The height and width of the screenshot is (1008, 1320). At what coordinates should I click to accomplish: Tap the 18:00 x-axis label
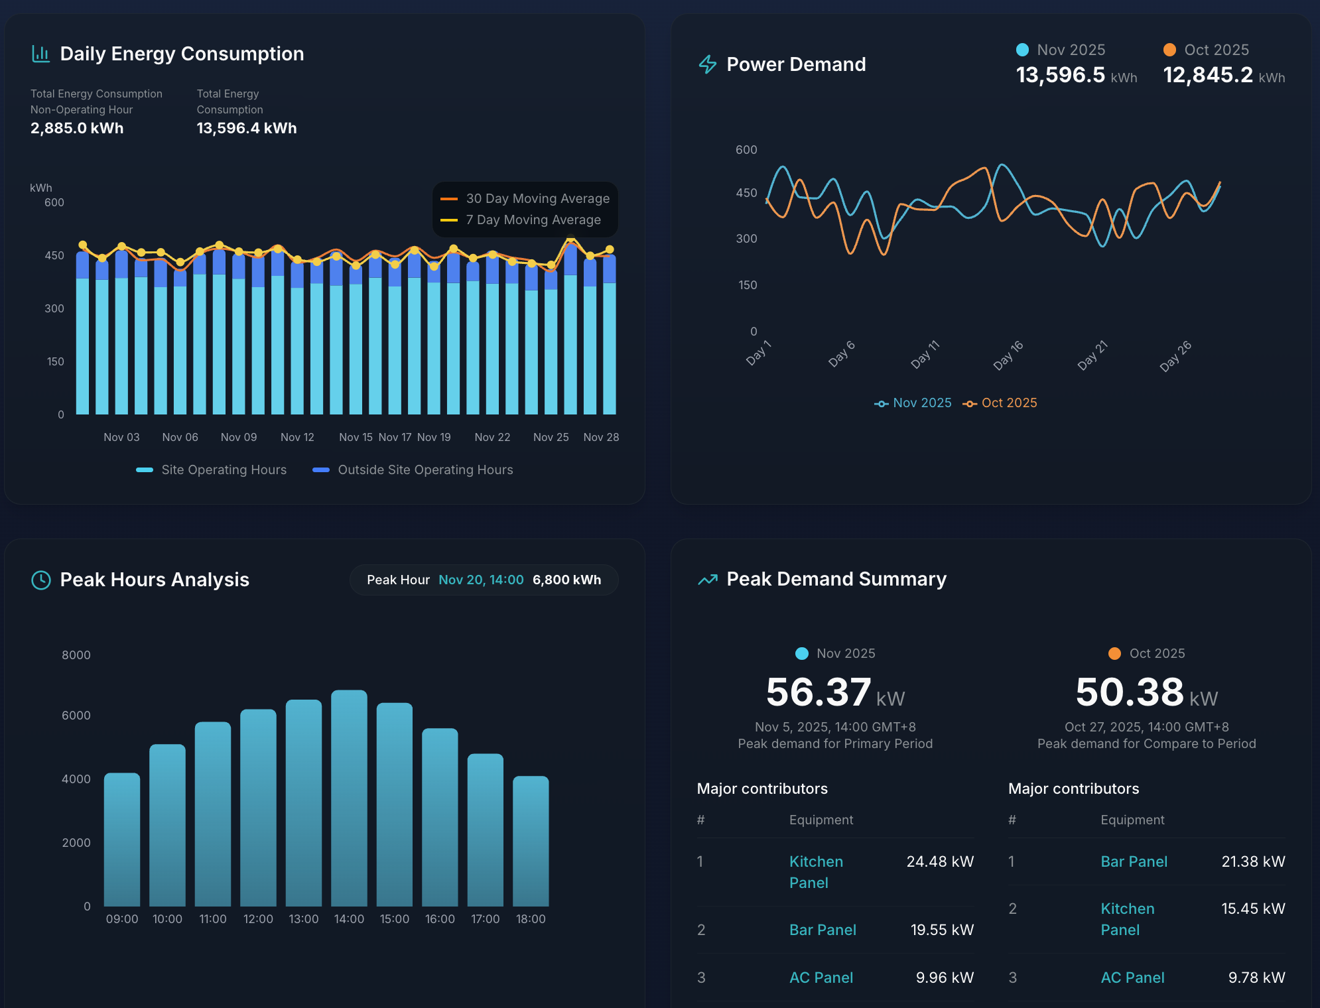pos(531,919)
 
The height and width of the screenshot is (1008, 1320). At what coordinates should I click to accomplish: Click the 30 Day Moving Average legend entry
pos(525,198)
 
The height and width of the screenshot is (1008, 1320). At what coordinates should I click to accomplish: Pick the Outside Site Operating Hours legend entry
pos(413,470)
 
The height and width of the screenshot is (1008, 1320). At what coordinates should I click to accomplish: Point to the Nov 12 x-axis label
pos(297,437)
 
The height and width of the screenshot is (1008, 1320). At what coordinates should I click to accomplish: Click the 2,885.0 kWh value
pos(77,128)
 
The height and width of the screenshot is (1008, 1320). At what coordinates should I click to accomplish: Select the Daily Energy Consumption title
pos(182,54)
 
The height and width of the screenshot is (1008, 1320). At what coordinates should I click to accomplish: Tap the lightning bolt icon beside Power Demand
pos(708,64)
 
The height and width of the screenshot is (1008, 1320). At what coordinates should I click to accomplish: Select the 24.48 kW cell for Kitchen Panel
pos(939,861)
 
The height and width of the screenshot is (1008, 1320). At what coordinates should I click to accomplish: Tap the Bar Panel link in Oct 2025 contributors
pos(1134,861)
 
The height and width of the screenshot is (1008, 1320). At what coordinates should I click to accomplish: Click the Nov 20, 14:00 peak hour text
pos(481,580)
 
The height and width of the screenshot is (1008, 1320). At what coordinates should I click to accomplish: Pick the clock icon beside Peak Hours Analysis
pos(41,580)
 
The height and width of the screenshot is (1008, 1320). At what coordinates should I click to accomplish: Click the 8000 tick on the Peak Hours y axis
pos(76,655)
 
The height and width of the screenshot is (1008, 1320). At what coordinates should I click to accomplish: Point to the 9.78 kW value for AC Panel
pos(1256,977)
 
